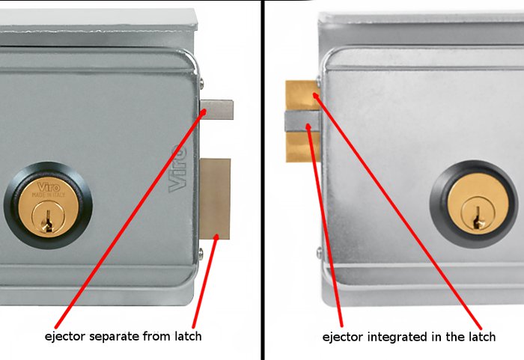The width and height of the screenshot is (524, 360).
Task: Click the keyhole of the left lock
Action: [48, 219]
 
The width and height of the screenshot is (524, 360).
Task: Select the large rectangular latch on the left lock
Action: [216, 198]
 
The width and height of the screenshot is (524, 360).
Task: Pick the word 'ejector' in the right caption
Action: [342, 337]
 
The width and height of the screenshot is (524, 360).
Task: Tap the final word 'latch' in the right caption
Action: [481, 337]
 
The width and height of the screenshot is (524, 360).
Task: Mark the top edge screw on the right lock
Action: [320, 80]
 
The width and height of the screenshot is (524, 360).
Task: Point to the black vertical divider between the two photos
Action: [263, 180]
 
